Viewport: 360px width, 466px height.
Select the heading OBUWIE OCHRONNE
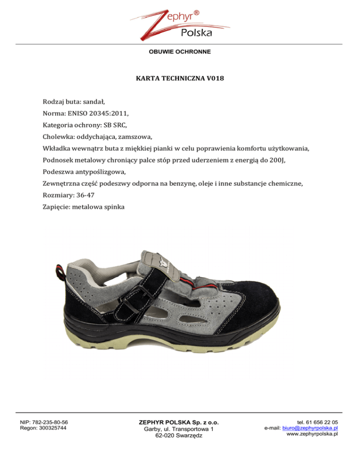[x=180, y=51]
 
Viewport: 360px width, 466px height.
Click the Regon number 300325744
[x=54, y=428]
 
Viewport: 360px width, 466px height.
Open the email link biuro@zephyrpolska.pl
[x=310, y=428]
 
